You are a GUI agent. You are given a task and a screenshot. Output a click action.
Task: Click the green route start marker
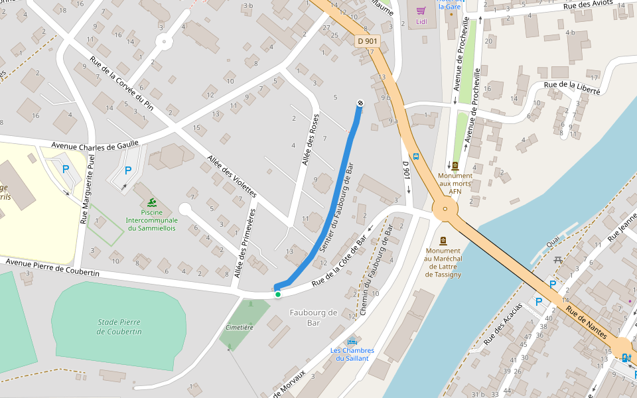click(x=278, y=295)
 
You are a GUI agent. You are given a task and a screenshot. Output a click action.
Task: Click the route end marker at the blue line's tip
click(x=360, y=103)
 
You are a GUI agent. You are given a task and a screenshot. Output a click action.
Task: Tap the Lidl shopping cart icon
click(x=421, y=11)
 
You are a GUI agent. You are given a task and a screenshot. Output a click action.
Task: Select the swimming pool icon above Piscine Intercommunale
click(x=153, y=202)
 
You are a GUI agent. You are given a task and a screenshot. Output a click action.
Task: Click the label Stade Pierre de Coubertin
click(x=119, y=326)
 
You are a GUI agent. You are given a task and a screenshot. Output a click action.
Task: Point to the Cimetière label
click(x=240, y=327)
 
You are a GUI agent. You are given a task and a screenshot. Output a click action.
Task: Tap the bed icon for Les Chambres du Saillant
click(x=352, y=341)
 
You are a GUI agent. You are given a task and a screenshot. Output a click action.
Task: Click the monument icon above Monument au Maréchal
click(x=443, y=241)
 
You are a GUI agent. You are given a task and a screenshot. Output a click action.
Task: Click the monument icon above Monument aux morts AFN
click(x=455, y=165)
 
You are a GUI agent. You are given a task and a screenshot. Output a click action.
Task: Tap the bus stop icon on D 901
click(x=416, y=157)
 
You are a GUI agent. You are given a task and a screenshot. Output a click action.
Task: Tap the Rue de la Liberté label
click(x=572, y=88)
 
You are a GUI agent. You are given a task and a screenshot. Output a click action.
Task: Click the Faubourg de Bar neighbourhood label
click(x=313, y=317)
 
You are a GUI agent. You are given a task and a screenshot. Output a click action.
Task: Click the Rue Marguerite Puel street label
click(x=87, y=188)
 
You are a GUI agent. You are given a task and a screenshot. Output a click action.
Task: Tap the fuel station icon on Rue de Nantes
click(x=626, y=358)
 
